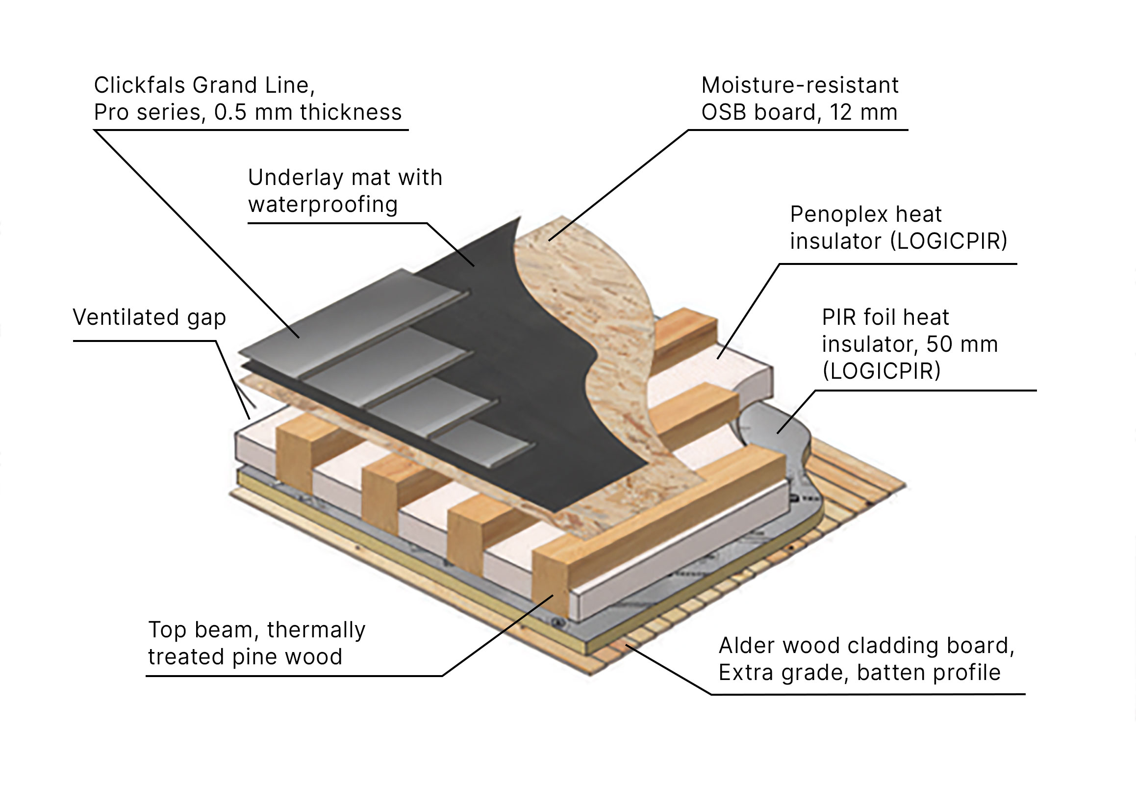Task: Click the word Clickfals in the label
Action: pyautogui.click(x=140, y=85)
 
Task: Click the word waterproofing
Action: pyautogui.click(x=323, y=205)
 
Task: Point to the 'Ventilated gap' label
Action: pyautogui.click(x=150, y=317)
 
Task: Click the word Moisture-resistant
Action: pyautogui.click(x=800, y=85)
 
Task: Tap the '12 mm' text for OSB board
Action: pyautogui.click(x=864, y=112)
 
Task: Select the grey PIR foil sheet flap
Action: pyautogui.click(x=777, y=433)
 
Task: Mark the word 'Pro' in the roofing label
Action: pyautogui.click(x=111, y=112)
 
